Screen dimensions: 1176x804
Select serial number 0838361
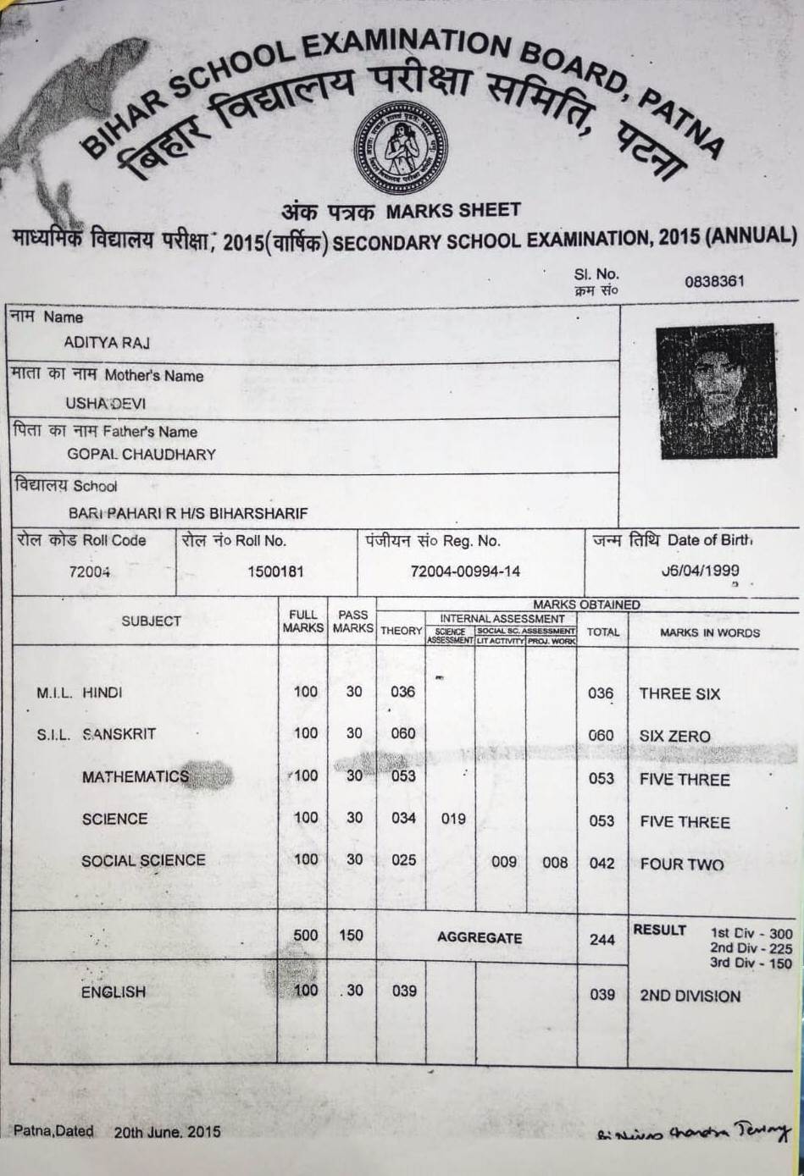coord(714,281)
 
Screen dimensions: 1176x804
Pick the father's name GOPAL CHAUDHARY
coord(141,454)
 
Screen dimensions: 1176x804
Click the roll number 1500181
coord(275,571)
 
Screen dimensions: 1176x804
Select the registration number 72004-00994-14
coord(465,571)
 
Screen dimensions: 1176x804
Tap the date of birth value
coord(701,571)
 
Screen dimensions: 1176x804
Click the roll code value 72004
coord(89,571)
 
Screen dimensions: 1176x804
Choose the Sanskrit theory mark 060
coord(403,733)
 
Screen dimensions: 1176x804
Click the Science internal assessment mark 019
coord(453,819)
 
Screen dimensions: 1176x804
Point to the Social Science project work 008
coord(555,863)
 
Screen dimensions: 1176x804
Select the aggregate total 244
coord(602,939)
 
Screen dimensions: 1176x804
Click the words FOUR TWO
coord(681,864)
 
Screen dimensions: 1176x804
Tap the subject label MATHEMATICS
coord(136,776)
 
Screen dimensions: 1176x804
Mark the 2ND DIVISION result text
coord(690,997)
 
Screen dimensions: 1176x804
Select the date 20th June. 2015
coord(167,1131)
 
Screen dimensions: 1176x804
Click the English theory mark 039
coord(404,991)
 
